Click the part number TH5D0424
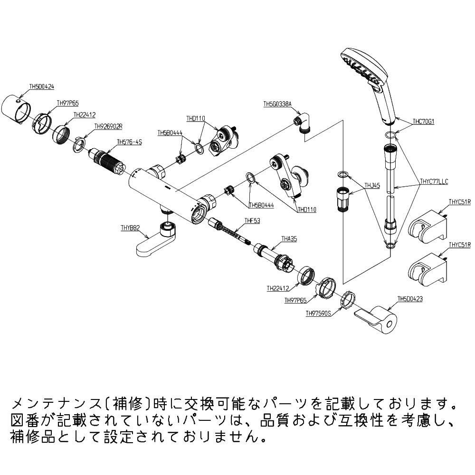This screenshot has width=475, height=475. coord(42,87)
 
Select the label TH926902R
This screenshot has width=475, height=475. coord(108,126)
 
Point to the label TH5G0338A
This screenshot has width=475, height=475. coord(277,104)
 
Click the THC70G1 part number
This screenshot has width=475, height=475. coord(424,122)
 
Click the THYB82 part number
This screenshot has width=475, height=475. coord(130,228)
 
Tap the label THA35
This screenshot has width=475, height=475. coord(289,239)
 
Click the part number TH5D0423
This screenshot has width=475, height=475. coord(410,299)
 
